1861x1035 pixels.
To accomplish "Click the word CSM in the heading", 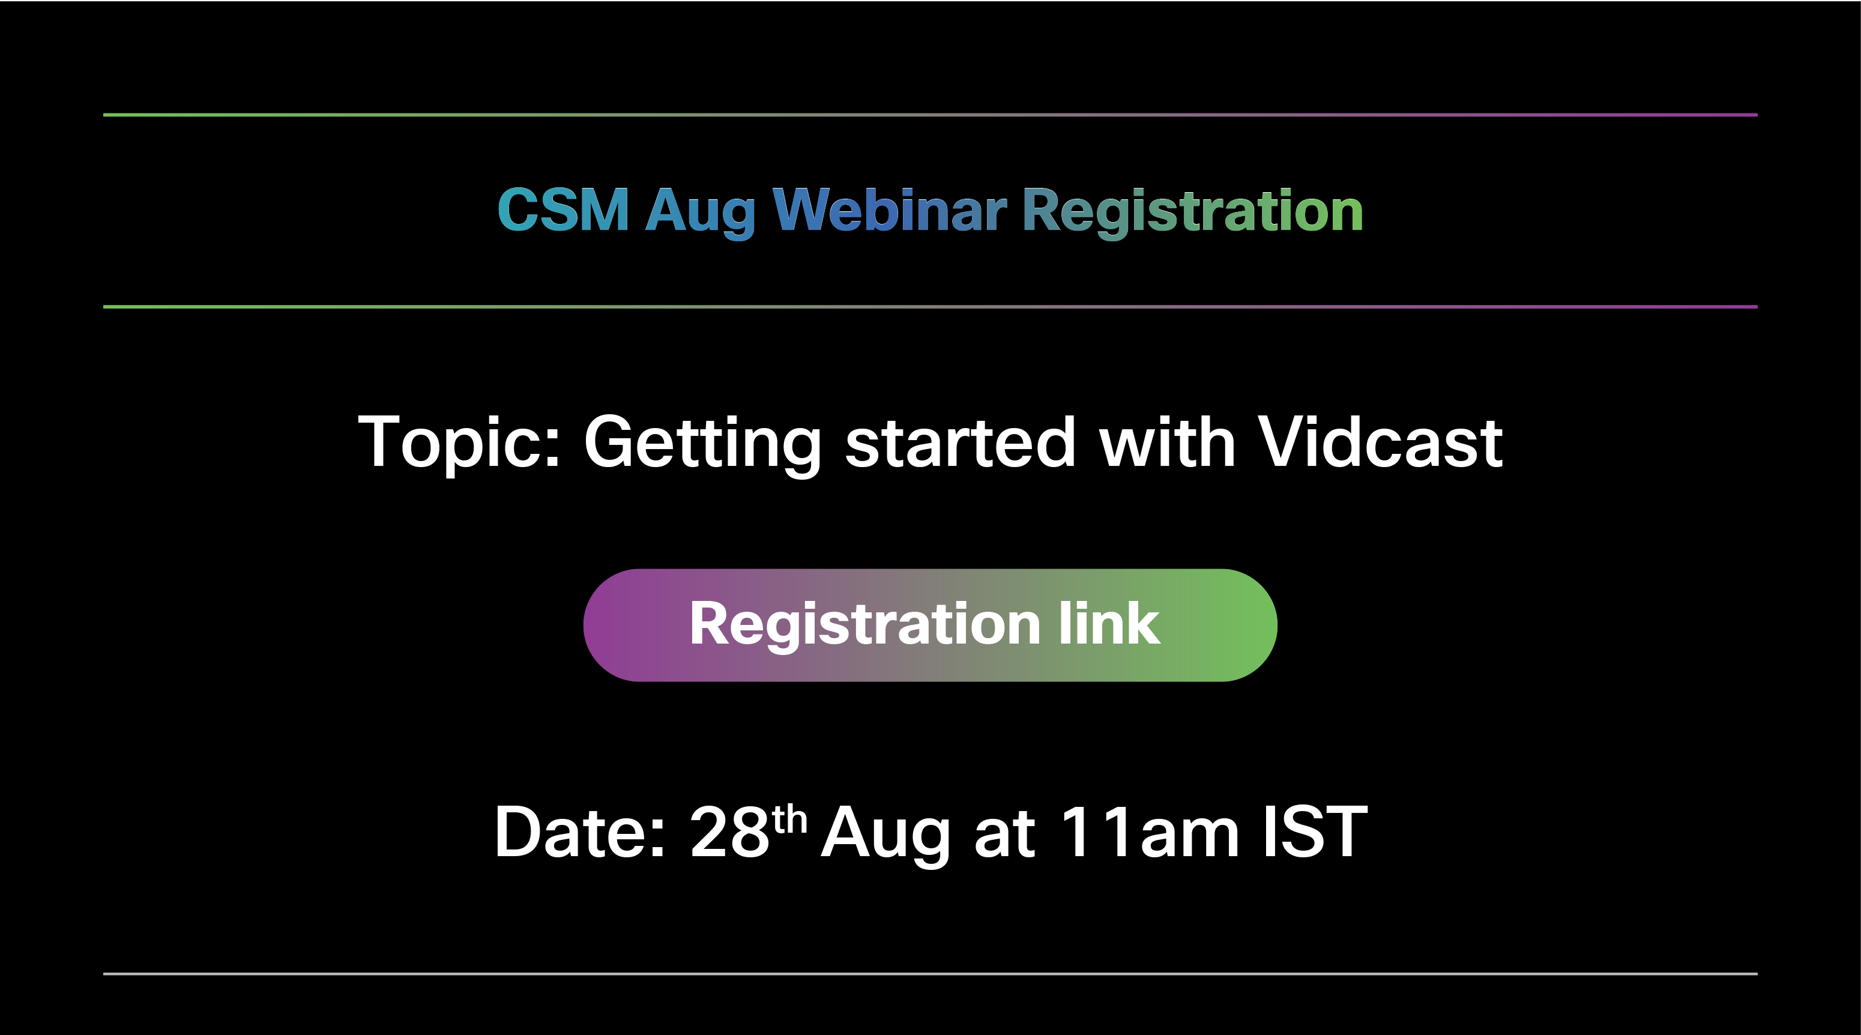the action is click(564, 210).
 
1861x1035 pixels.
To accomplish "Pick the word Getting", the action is click(702, 445).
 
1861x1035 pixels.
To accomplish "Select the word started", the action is click(960, 442).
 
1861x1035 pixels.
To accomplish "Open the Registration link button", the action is click(930, 625).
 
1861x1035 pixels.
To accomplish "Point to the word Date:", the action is click(579, 832).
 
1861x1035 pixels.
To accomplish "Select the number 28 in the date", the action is click(729, 832).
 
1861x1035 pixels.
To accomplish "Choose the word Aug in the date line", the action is click(885, 836).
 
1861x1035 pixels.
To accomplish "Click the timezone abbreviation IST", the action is click(1315, 832).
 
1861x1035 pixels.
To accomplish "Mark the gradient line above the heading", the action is click(930, 115).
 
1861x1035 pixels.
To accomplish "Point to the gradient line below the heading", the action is click(930, 307).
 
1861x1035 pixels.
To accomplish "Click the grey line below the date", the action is click(930, 974).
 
